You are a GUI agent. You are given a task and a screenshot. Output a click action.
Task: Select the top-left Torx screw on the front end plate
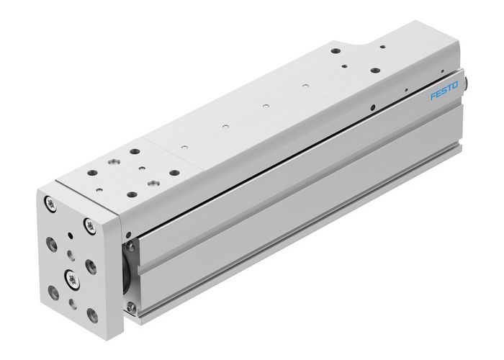pyautogui.click(x=48, y=202)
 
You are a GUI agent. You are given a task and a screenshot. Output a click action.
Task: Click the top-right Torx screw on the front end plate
pyautogui.click(x=91, y=225)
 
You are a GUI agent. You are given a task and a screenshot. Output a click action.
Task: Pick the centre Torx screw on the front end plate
pyautogui.click(x=71, y=275)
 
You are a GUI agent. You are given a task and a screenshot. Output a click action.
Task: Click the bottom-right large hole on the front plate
pyautogui.click(x=91, y=315)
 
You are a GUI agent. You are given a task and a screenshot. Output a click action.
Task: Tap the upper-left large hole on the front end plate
pyautogui.click(x=51, y=243)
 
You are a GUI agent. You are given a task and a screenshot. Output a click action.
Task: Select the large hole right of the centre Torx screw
pyautogui.click(x=91, y=266)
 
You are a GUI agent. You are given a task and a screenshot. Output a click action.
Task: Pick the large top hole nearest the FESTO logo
pyautogui.click(x=375, y=71)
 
